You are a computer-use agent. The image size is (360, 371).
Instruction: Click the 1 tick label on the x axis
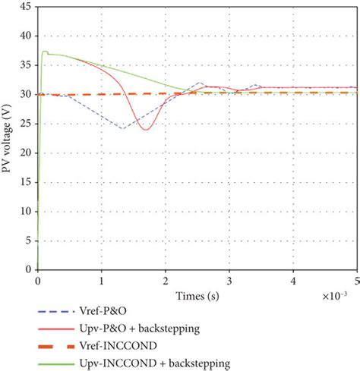(102, 280)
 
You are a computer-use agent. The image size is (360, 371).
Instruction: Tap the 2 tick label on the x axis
(166, 280)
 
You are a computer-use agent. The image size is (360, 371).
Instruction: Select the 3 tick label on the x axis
(229, 280)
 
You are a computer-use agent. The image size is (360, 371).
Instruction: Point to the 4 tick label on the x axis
(293, 280)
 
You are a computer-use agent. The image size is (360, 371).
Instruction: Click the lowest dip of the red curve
(144, 130)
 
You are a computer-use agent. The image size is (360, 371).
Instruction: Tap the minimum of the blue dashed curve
(122, 128)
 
